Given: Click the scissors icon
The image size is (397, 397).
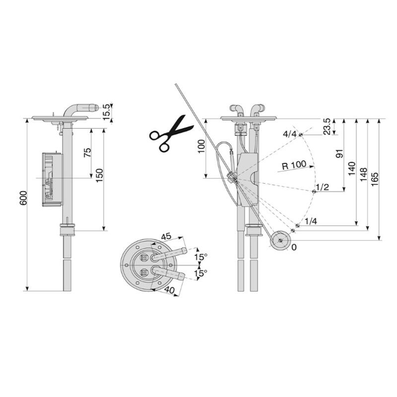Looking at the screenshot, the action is click(x=171, y=133).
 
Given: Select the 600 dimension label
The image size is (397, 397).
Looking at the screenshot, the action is click(x=23, y=198).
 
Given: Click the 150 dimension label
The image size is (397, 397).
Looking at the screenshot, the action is click(x=99, y=175).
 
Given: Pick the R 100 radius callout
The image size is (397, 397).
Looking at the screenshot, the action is click(x=294, y=165).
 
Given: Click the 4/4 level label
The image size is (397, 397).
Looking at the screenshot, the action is click(x=289, y=133).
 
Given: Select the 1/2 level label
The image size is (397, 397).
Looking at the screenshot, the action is click(x=322, y=187).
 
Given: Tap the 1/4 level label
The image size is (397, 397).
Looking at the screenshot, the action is click(x=311, y=221).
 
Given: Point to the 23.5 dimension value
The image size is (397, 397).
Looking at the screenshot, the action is click(x=327, y=127).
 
